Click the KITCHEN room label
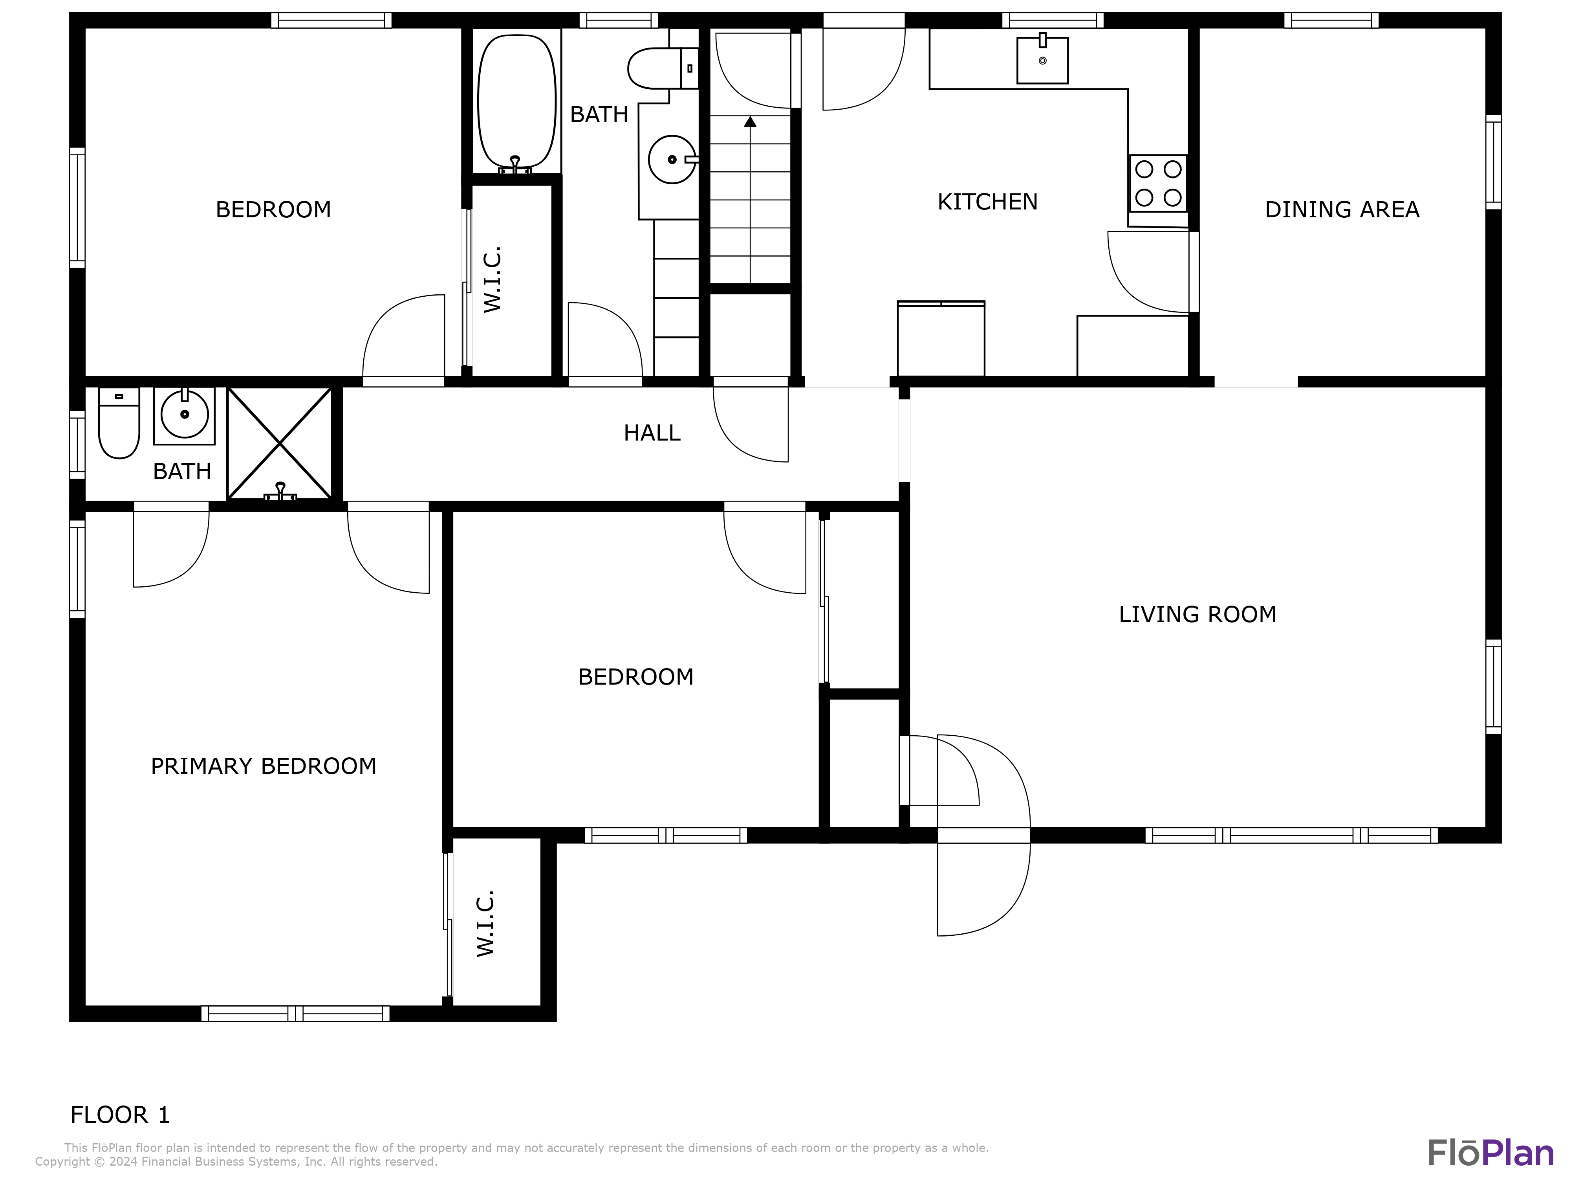click(x=987, y=202)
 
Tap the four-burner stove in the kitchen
click(x=1158, y=184)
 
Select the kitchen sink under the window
click(x=1042, y=61)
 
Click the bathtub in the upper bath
click(x=516, y=101)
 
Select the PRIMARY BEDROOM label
click(x=264, y=766)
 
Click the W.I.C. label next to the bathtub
click(x=492, y=279)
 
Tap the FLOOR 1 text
click(x=120, y=1114)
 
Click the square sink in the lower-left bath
click(x=184, y=415)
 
